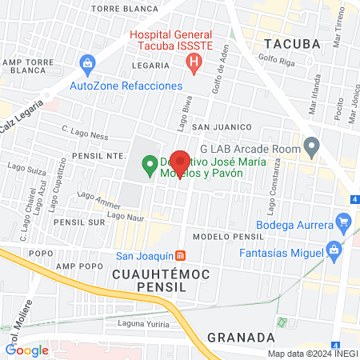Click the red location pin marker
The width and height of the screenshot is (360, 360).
(182, 163)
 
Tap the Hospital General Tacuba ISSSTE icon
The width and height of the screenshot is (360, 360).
(190, 65)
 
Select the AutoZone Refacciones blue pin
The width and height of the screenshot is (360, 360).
(86, 62)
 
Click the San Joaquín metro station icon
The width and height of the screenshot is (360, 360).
(182, 256)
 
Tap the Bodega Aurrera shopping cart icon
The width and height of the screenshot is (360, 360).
(344, 220)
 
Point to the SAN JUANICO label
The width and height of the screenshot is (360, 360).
(222, 127)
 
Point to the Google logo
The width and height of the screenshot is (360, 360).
(27, 350)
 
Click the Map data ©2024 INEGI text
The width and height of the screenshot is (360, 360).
(312, 354)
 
